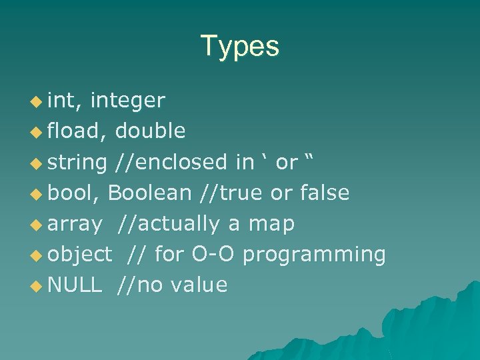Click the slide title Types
239,47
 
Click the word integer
127,101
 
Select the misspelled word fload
73,131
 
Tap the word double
150,131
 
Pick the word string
77,162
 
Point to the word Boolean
149,193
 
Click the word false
325,193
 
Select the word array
75,224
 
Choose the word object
80,255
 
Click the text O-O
212,254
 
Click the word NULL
75,285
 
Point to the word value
199,285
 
